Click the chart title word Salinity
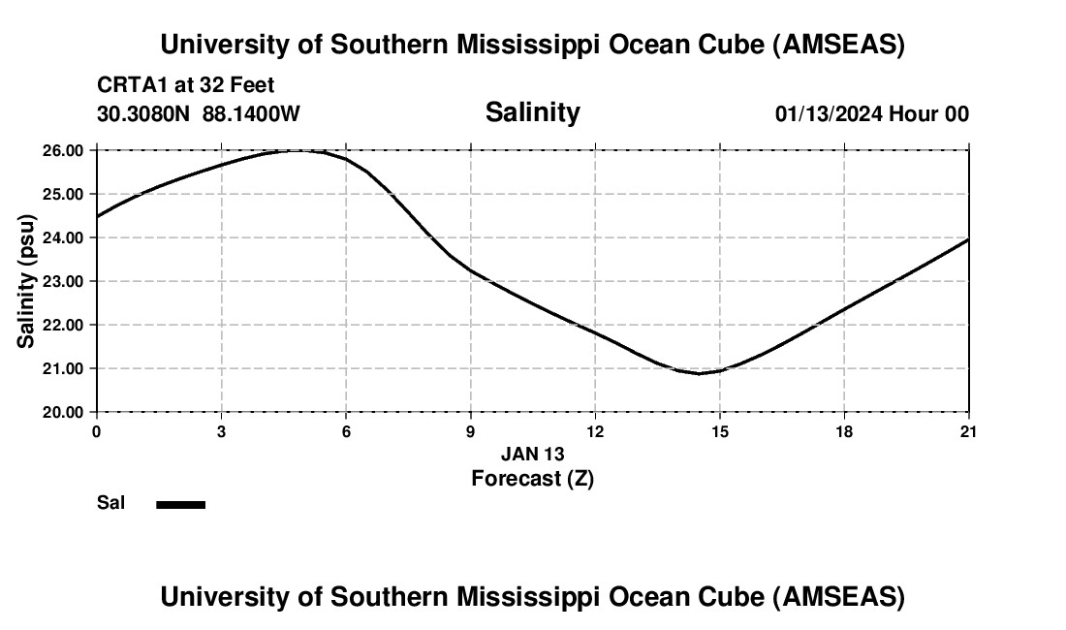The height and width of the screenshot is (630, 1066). [532, 112]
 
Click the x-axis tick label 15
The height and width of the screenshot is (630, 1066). [719, 432]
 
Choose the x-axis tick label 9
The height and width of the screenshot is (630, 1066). [471, 432]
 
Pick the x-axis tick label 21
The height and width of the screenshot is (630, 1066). [968, 432]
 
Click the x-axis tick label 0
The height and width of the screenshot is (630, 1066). [96, 432]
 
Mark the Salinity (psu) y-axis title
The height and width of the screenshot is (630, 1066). [26, 281]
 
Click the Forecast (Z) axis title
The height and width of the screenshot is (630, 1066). [532, 478]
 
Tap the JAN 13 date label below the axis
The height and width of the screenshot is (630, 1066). [532, 454]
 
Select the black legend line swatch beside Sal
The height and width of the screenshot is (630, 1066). [180, 504]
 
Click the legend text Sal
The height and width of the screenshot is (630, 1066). [110, 504]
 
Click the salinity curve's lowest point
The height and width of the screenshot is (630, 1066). [699, 373]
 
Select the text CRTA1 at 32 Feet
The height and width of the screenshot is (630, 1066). [185, 85]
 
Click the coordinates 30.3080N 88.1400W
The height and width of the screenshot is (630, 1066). [199, 113]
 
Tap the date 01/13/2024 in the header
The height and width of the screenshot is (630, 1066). [828, 113]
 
